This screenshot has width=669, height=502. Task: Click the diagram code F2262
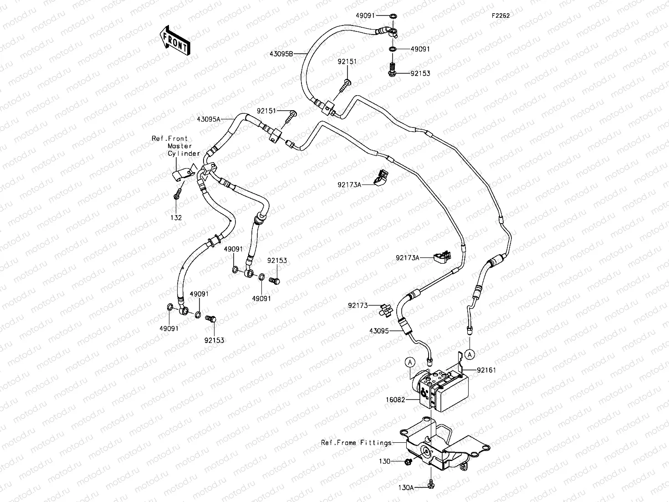pos(500,15)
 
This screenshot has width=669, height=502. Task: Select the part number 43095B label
pos(281,54)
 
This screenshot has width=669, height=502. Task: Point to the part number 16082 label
pos(395,400)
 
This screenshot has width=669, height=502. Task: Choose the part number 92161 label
pos(486,370)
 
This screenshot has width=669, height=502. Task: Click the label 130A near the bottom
pos(405,487)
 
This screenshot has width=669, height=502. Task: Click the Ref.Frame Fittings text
pos(356,442)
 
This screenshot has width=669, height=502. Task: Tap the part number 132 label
pos(176,218)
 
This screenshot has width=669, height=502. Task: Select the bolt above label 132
pos(177,195)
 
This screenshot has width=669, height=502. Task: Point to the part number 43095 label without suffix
pos(380,331)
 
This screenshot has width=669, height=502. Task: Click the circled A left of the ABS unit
pos(410,362)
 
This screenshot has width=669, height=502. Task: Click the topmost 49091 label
pos(365,15)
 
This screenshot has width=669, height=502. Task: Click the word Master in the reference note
pos(177,146)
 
